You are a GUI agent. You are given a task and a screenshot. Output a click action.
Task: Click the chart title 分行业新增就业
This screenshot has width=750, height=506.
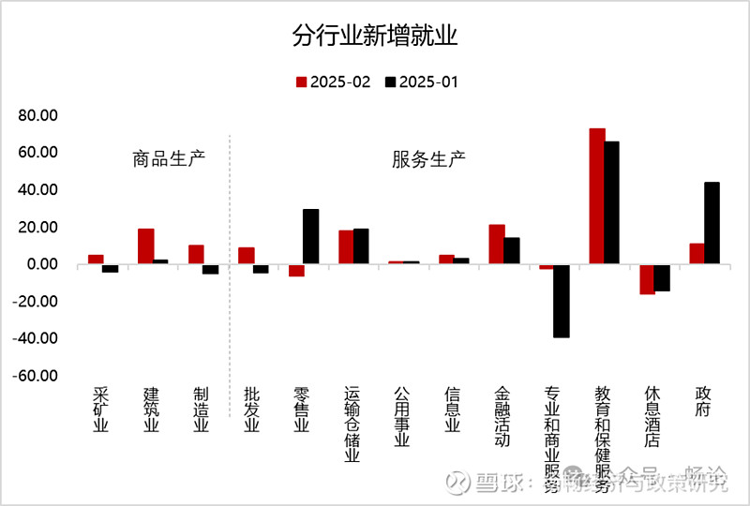374,37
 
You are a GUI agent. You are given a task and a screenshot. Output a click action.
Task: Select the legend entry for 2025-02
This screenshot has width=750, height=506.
333,82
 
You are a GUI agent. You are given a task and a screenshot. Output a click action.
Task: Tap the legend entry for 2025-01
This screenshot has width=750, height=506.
422,82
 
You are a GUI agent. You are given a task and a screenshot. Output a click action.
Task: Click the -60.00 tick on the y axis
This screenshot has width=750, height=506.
37,376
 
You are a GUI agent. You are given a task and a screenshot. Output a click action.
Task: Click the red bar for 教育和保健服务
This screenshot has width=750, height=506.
597,196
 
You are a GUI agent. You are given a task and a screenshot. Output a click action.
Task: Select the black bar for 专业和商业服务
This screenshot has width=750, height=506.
561,300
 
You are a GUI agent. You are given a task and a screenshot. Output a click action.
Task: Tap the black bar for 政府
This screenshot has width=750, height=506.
712,223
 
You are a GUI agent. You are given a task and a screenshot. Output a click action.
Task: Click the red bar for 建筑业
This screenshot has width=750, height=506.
145,246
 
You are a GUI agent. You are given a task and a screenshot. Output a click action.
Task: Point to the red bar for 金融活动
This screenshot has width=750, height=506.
497,245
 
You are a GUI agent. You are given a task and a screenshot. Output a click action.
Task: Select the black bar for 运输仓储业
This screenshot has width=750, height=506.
361,246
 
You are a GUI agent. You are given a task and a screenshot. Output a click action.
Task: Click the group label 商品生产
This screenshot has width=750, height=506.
169,158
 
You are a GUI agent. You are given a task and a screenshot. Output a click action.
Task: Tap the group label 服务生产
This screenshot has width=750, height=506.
428,158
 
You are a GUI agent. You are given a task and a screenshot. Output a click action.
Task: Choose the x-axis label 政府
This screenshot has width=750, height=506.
704,402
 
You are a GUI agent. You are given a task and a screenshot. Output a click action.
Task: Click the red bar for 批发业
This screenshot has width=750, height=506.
246,256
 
